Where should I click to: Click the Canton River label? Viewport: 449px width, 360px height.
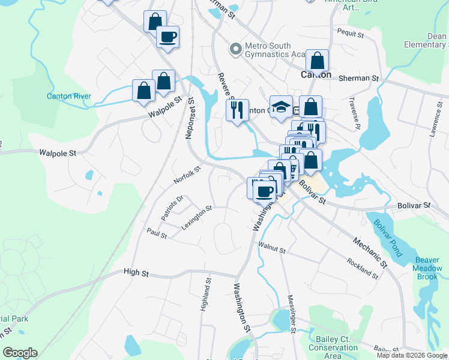(69, 96)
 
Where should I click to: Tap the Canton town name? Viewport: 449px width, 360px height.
(316, 75)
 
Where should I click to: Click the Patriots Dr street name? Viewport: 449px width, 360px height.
(171, 207)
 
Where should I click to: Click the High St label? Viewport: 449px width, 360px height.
(136, 272)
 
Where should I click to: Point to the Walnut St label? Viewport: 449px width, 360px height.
(271, 247)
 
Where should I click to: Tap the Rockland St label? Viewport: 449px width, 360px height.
(362, 268)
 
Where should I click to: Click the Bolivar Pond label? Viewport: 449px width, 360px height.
(386, 230)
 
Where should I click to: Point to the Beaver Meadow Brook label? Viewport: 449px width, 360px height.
(427, 268)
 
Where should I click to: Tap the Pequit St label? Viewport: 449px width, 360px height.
(351, 35)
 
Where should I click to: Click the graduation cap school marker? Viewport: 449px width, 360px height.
(281, 107)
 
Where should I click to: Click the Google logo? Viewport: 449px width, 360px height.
(20, 353)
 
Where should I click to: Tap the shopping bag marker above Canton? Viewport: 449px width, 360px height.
(317, 61)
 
